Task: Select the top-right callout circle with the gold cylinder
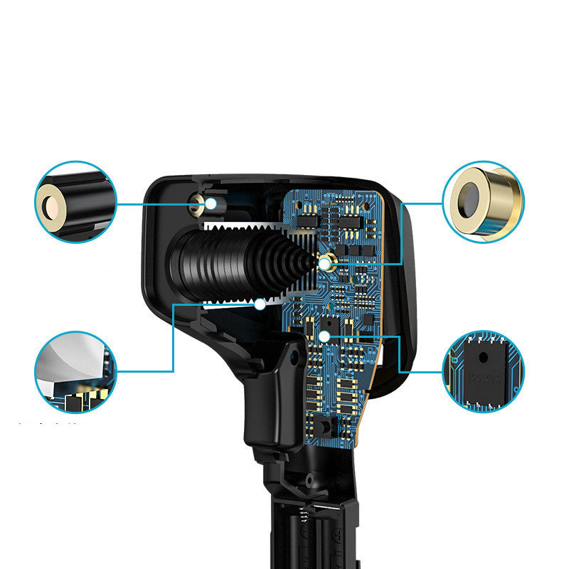click(483, 201)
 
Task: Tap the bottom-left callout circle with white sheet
click(75, 372)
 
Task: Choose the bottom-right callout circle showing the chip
click(483, 371)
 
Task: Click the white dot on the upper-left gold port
click(211, 203)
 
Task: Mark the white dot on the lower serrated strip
click(261, 304)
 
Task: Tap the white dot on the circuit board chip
click(324, 334)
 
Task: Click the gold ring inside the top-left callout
click(51, 206)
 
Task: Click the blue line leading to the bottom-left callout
click(174, 341)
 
